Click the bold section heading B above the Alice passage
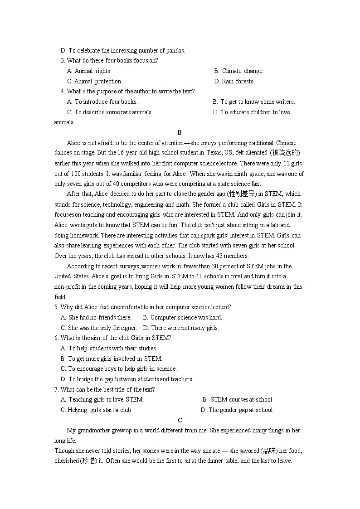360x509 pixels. pyautogui.click(x=180, y=133)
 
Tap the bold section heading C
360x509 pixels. pyautogui.click(x=180, y=420)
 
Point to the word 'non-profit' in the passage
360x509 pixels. pyautogui.click(x=69, y=287)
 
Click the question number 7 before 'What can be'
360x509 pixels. pyautogui.click(x=56, y=390)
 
